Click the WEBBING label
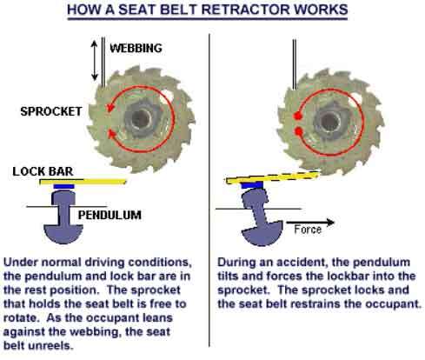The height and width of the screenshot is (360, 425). pos(136,48)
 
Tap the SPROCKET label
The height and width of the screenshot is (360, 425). pos(51,111)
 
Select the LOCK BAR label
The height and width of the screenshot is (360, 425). pos(43,171)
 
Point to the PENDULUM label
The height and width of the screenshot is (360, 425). pos(110,215)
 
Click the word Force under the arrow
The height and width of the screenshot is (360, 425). pos(308,230)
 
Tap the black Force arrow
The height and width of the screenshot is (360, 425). pos(310,223)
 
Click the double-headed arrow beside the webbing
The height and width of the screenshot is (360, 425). pos(95,60)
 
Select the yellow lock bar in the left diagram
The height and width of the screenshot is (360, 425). pos(83,182)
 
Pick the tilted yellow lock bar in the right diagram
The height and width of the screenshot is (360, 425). pos(272,177)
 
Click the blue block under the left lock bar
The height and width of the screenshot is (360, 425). pos(64,186)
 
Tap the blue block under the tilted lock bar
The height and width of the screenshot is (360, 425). pos(252,185)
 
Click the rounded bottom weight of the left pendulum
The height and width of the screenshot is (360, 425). pos(63,234)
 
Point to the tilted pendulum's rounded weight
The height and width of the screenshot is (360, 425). pos(262,234)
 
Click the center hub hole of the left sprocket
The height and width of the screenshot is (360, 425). pos(142,118)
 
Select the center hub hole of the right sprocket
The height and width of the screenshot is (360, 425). pos(330,121)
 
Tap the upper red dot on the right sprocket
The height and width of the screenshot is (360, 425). pos(297,116)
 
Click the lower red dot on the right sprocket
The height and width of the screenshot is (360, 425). pos(299,132)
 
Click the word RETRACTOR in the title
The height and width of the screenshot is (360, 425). pos(245,10)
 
